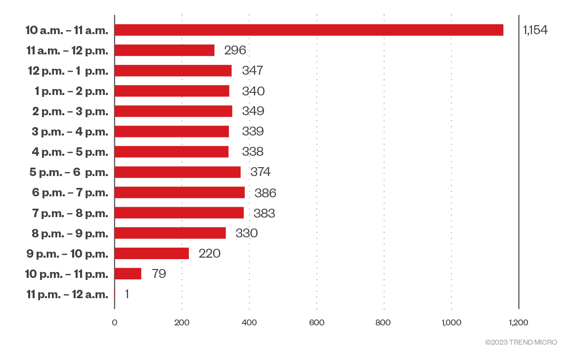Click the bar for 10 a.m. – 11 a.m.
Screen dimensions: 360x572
309,30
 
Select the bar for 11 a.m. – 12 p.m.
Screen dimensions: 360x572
165,50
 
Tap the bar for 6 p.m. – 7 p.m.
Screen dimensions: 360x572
179,192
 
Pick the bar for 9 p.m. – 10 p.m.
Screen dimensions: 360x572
152,253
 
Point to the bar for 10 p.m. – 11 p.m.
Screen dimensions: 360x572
128,273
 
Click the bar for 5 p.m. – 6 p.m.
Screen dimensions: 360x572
177,172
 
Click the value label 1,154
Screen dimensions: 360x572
535,30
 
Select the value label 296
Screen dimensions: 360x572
235,50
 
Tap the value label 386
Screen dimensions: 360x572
265,193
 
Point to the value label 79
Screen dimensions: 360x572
159,274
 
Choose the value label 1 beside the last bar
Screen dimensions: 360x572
127,294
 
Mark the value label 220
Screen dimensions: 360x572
209,254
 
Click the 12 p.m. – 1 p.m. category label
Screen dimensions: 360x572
68,71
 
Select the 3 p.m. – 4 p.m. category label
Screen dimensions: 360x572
70,132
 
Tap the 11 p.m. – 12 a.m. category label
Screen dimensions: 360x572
67,294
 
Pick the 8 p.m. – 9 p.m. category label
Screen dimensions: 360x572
70,233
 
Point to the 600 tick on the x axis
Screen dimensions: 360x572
316,323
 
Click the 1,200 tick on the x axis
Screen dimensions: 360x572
518,323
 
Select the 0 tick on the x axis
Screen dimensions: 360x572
115,323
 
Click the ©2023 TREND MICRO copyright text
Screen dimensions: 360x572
521,342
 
